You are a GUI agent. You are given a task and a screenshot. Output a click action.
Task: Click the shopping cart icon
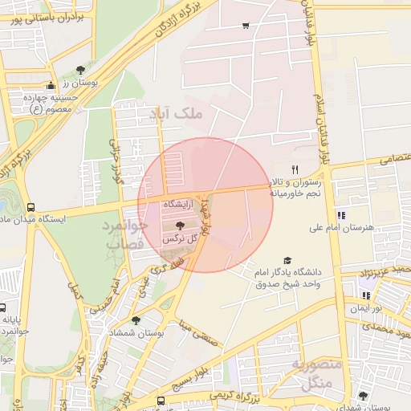click(x=245, y=26)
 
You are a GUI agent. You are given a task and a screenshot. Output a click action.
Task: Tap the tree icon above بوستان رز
click(x=79, y=70)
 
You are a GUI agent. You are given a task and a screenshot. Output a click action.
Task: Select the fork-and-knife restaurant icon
click(x=295, y=169)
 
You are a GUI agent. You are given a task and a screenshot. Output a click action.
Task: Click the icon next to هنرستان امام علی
click(x=340, y=215)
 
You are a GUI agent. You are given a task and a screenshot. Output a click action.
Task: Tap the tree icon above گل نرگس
click(x=179, y=226)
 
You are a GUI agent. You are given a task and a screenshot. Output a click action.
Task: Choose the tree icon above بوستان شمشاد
click(x=136, y=320)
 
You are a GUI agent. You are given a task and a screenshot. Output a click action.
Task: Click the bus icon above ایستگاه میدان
click(x=31, y=207)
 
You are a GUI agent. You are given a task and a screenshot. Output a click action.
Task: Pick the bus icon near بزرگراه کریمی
click(x=161, y=400)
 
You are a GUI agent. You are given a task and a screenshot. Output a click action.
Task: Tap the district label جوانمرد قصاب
click(x=124, y=234)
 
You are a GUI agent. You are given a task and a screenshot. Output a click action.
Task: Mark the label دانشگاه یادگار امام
click(x=287, y=272)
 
